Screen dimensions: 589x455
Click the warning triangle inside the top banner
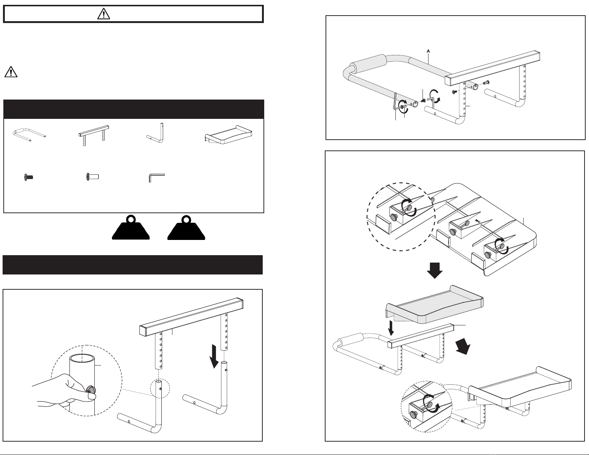104,14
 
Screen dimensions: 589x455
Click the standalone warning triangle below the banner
11,72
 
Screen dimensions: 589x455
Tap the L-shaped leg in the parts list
156,133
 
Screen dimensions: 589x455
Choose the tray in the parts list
229,134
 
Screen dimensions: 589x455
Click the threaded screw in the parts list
29,178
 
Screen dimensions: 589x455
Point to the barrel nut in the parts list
93,177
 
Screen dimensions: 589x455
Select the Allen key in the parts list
156,178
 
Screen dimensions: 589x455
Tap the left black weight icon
131,227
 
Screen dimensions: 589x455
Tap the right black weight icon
186,227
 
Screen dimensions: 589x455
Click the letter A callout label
428,51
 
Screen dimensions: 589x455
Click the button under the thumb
91,390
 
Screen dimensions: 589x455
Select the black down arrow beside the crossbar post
214,356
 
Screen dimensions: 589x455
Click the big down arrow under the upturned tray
435,270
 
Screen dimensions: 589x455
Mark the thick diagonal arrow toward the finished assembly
463,346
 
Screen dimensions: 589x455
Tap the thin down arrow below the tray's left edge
391,328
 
